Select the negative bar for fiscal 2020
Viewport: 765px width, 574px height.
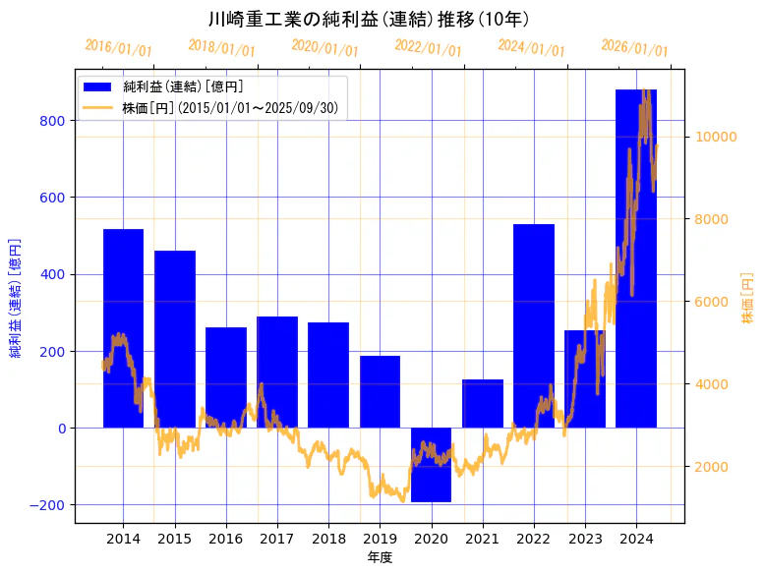coord(431,465)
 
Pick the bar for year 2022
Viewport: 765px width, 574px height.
coord(533,325)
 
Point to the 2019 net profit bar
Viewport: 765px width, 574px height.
coord(380,391)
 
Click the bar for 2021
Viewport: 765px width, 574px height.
coord(482,403)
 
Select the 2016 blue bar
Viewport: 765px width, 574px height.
coord(225,377)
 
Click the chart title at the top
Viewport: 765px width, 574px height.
coord(370,19)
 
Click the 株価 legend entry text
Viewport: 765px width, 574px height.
coord(230,108)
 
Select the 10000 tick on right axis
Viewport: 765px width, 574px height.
coord(717,137)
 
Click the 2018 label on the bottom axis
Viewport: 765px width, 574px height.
coord(328,539)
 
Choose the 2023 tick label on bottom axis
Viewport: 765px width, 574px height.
coord(585,539)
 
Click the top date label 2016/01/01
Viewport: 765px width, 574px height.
coord(119,47)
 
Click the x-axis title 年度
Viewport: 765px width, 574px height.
coord(380,557)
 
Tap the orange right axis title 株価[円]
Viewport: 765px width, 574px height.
coord(748,300)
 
